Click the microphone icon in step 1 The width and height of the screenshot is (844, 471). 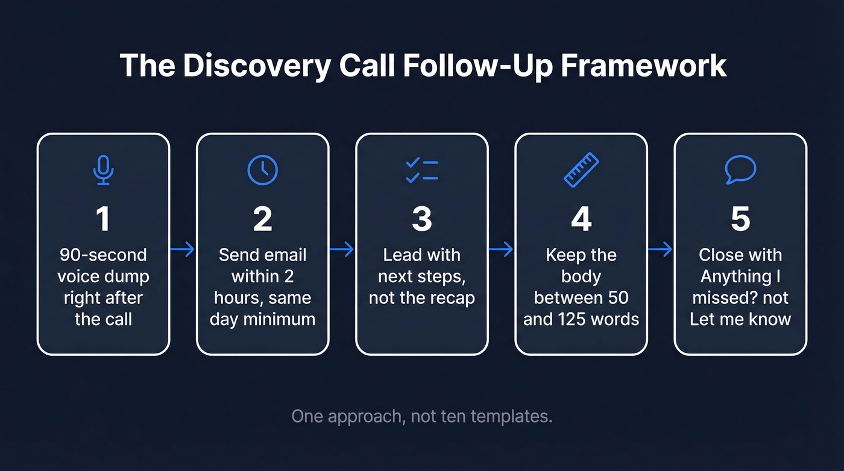103,170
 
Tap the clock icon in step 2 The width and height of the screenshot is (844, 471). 263,170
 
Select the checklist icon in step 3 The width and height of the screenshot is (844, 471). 422,170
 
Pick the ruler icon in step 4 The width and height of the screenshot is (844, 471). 581,170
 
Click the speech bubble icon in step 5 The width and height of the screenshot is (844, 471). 740,170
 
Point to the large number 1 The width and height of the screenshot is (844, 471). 103,219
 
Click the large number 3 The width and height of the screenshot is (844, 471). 422,219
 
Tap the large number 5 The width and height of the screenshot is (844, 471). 740,219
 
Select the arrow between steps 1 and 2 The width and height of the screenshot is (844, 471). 183,249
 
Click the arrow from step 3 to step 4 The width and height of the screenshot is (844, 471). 501,249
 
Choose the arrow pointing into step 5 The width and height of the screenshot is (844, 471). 660,249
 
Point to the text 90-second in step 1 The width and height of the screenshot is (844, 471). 103,255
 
